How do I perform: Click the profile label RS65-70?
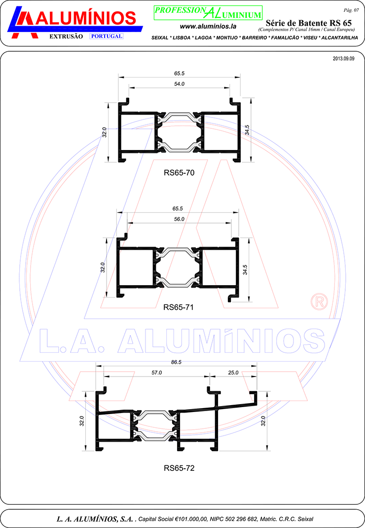point(179,173)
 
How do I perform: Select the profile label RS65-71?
point(179,307)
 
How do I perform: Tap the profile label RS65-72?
point(179,468)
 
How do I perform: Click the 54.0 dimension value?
point(179,84)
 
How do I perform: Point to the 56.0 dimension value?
point(179,219)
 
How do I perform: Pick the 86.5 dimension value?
point(176,362)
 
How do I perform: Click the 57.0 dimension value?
point(156,373)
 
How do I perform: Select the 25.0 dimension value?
point(233,373)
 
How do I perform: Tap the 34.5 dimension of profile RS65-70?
point(247,130)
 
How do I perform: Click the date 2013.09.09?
point(343,59)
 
